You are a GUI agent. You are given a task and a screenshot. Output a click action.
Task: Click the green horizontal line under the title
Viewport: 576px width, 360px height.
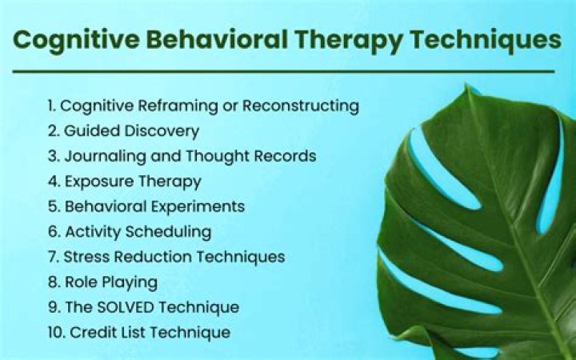(283, 71)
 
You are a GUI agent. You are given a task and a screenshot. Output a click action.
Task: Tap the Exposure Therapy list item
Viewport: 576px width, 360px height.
(124, 182)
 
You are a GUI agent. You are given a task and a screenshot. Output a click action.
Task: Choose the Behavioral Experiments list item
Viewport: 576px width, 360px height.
(146, 206)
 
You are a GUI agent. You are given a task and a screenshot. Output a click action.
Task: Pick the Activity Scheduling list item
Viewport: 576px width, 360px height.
(129, 232)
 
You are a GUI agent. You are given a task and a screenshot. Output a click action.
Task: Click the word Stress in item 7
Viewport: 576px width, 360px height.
(82, 257)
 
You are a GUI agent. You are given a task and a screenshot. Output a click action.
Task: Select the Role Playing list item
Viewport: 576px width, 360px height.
(102, 282)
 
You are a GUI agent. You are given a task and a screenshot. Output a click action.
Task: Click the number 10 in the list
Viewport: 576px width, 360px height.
(54, 332)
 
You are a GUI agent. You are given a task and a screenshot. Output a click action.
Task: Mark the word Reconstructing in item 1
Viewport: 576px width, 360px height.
(301, 106)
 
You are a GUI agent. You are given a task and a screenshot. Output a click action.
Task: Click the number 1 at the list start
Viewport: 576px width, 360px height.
(51, 106)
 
